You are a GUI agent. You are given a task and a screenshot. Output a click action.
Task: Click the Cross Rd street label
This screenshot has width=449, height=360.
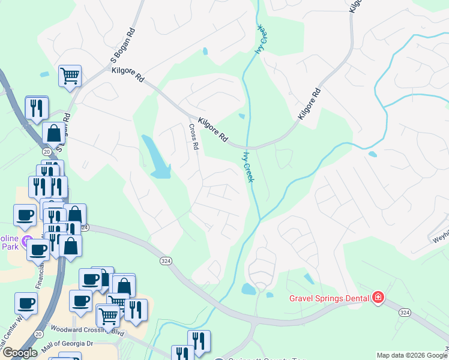coord(193,137)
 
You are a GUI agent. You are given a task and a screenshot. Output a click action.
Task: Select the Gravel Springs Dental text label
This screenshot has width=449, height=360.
coord(329,297)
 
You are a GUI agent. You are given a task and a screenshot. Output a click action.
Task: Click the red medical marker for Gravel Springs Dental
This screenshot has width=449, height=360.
coord(378,297)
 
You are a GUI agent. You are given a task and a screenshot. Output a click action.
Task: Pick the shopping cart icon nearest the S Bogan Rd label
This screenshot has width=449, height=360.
coord(70,77)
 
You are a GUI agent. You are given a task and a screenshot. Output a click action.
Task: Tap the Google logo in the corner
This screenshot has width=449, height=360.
coord(20,353)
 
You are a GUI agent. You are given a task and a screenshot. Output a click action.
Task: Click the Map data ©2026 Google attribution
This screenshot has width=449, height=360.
coord(412,355)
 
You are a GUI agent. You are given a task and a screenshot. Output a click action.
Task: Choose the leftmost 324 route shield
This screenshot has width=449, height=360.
coord(84,228)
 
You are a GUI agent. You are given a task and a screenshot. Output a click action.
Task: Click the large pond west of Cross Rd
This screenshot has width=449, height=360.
coord(155,157)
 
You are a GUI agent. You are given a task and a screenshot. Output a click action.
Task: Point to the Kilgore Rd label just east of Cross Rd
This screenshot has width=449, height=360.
coord(214,128)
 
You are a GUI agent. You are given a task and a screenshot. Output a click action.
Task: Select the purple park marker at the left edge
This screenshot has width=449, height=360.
coord(26,242)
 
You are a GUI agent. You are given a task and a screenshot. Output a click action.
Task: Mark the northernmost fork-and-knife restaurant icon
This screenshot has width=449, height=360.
coord(37,107)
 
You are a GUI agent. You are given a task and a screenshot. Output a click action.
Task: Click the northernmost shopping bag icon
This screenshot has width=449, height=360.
coord(53,133)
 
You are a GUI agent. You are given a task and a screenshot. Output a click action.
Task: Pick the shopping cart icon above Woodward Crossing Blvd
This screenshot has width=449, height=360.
coord(108,314)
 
